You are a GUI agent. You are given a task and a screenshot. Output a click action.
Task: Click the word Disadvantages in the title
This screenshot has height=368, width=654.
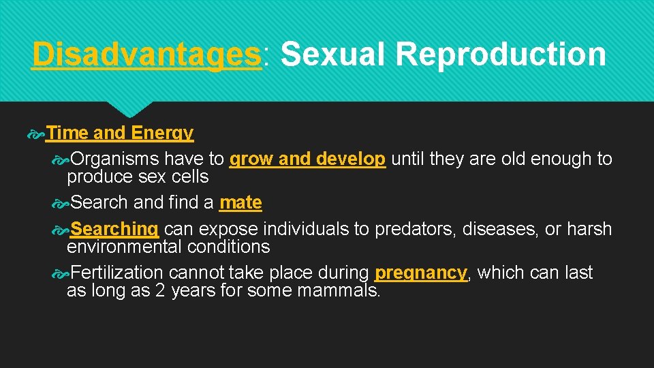tap(146, 54)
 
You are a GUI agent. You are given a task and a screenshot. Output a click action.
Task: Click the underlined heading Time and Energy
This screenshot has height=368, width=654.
tap(120, 133)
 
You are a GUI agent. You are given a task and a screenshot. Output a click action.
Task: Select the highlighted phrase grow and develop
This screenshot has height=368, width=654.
tap(308, 159)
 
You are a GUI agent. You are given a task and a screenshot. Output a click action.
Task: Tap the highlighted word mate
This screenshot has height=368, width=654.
tap(240, 202)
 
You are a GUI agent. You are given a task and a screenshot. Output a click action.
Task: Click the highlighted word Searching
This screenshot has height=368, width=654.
tap(114, 229)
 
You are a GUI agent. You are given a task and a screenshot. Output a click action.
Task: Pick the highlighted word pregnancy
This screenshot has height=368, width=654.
tap(421, 273)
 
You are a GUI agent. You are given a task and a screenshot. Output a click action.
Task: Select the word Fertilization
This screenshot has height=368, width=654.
tap(116, 273)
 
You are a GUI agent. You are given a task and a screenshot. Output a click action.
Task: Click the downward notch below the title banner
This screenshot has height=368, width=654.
tap(131, 109)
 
